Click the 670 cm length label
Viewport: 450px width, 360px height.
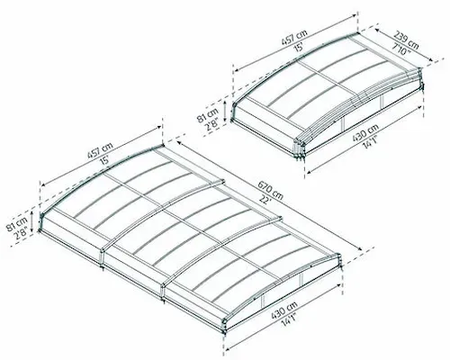click(x=270, y=190)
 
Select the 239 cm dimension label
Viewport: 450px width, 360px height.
click(x=406, y=40)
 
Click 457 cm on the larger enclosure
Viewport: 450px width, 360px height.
click(x=100, y=150)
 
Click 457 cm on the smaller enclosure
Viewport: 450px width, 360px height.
click(x=294, y=38)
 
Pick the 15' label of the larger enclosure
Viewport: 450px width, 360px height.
click(x=105, y=160)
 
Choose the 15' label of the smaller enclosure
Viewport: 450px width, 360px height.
click(x=300, y=48)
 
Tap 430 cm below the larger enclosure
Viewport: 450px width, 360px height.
click(x=284, y=310)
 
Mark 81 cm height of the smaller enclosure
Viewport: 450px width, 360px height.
click(x=208, y=115)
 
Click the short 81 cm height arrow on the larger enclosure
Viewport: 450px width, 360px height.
click(x=32, y=221)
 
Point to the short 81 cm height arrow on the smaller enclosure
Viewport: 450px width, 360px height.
click(x=225, y=110)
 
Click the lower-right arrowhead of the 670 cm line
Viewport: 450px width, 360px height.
click(x=360, y=248)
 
